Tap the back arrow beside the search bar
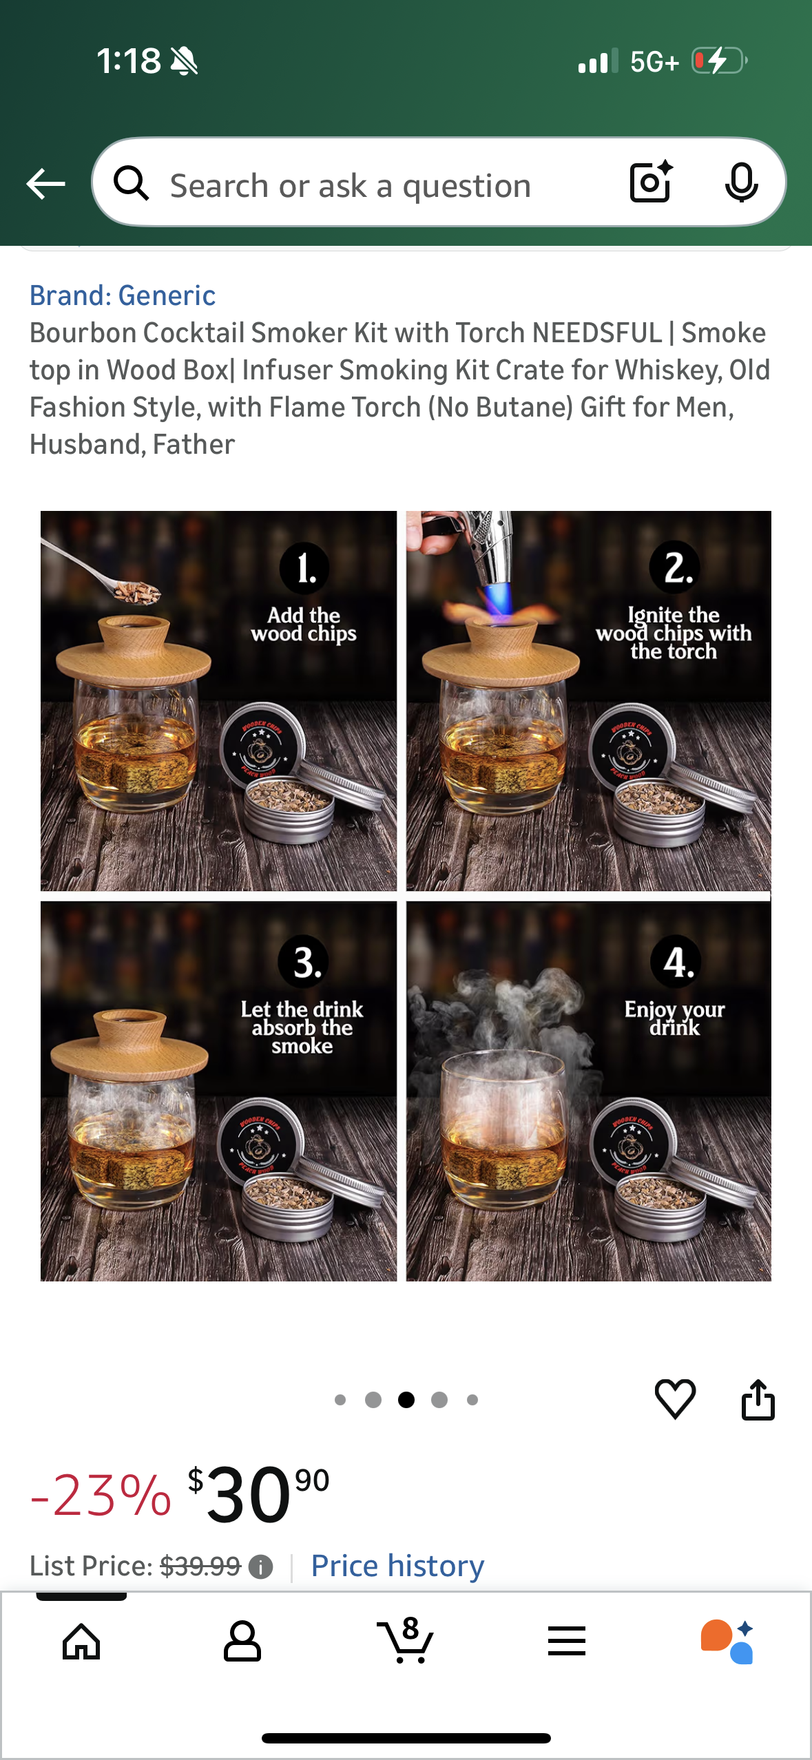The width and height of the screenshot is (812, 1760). pyautogui.click(x=45, y=184)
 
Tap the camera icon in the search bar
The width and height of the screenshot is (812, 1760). pyautogui.click(x=651, y=182)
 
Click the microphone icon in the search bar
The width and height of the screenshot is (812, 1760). pyautogui.click(x=741, y=182)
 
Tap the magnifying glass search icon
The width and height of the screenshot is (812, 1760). pyautogui.click(x=131, y=184)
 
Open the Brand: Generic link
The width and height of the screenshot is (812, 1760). pyautogui.click(x=123, y=295)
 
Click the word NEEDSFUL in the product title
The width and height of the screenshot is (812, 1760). pyautogui.click(x=596, y=333)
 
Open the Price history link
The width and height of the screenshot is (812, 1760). pyautogui.click(x=397, y=1566)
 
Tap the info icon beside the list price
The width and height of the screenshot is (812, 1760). pyautogui.click(x=260, y=1567)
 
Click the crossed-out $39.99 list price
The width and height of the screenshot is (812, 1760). pyautogui.click(x=200, y=1566)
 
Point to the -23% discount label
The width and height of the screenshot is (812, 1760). pyautogui.click(x=101, y=1495)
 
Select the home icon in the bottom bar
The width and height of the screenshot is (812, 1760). pyautogui.click(x=81, y=1642)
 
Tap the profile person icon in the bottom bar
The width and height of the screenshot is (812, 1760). pyautogui.click(x=242, y=1642)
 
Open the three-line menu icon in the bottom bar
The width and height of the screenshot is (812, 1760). pyautogui.click(x=566, y=1642)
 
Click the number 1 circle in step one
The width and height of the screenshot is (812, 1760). pyautogui.click(x=304, y=568)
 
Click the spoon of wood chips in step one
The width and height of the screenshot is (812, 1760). pyautogui.click(x=134, y=590)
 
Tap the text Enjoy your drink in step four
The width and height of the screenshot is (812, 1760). pyautogui.click(x=674, y=1018)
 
